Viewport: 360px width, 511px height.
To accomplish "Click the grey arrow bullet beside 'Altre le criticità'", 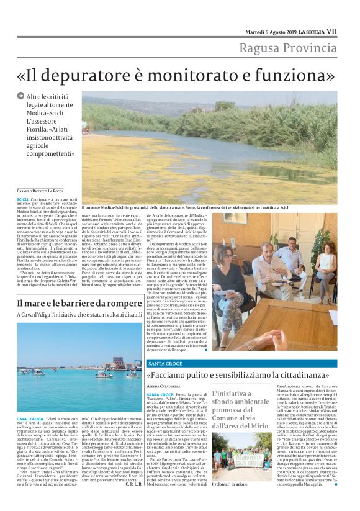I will coord(20,96).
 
